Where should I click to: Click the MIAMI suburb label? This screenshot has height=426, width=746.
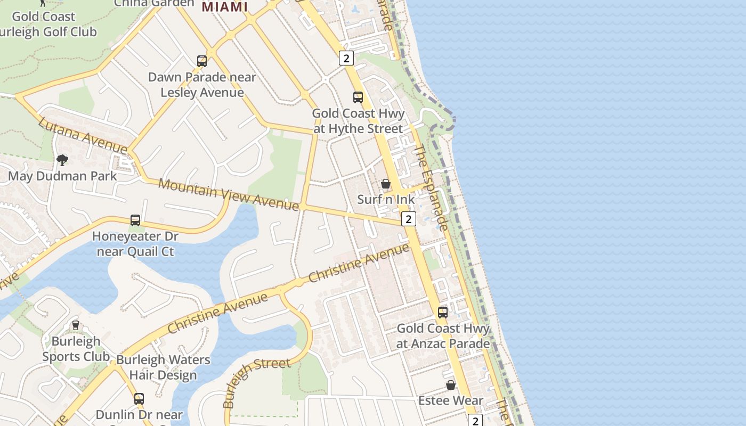pyautogui.click(x=225, y=7)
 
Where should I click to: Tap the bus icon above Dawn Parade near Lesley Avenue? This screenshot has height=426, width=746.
pyautogui.click(x=202, y=61)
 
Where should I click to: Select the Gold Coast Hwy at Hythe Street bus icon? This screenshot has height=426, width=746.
pyautogui.click(x=358, y=97)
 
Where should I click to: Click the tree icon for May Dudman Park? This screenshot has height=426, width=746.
pyautogui.click(x=62, y=160)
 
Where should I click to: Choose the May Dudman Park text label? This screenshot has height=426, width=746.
pyautogui.click(x=62, y=176)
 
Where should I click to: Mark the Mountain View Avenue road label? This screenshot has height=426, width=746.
pyautogui.click(x=229, y=194)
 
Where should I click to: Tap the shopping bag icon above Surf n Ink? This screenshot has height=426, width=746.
pyautogui.click(x=386, y=184)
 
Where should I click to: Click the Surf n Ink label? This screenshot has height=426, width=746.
pyautogui.click(x=386, y=200)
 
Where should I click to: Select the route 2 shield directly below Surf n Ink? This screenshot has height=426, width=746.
pyautogui.click(x=409, y=219)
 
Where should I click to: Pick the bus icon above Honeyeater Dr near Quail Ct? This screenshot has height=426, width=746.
pyautogui.click(x=135, y=220)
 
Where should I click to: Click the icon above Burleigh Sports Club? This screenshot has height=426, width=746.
pyautogui.click(x=76, y=325)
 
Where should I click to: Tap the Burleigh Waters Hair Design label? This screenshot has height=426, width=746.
pyautogui.click(x=163, y=367)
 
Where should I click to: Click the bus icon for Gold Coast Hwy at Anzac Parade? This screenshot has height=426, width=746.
pyautogui.click(x=443, y=313)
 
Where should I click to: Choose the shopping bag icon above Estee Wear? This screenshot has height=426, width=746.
pyautogui.click(x=451, y=385)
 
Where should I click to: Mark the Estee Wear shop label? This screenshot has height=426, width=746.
pyautogui.click(x=451, y=400)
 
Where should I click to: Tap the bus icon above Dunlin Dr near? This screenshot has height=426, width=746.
pyautogui.click(x=139, y=398)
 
